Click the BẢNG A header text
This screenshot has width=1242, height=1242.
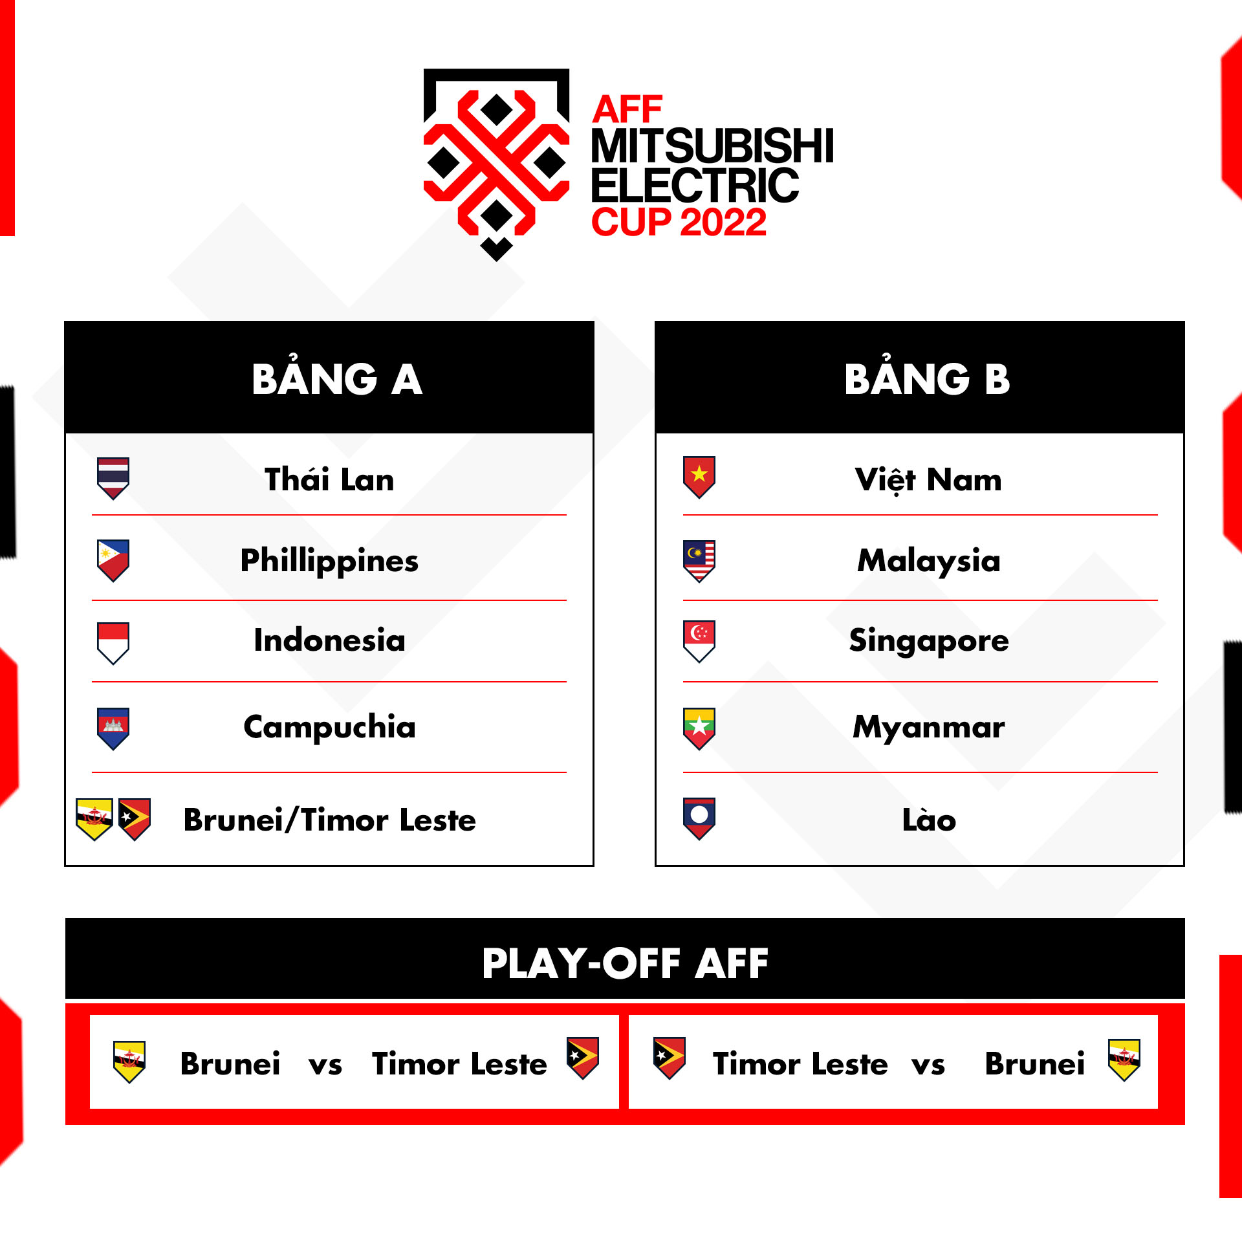point(336,379)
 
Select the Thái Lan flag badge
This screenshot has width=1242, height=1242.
point(113,477)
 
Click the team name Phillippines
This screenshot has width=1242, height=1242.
point(329,560)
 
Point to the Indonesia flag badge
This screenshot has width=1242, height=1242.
point(113,642)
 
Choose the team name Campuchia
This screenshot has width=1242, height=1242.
point(329,726)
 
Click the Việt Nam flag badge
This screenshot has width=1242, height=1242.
point(699,477)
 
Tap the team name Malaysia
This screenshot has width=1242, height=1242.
point(928,560)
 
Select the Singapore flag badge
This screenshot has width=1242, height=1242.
point(699,640)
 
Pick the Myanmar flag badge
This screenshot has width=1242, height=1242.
point(699,728)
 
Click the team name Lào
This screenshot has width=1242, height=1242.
point(928,820)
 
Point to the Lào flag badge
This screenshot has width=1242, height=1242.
point(699,818)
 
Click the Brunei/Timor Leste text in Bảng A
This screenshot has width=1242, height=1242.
point(329,820)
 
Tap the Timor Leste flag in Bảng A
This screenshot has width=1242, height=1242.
point(135,818)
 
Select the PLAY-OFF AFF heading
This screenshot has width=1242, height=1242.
point(624,963)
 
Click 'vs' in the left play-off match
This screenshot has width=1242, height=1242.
point(325,1064)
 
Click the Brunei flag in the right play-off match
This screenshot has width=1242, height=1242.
point(1124,1060)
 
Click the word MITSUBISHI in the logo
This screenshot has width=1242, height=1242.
point(712,146)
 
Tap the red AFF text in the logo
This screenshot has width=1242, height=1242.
point(627,109)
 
